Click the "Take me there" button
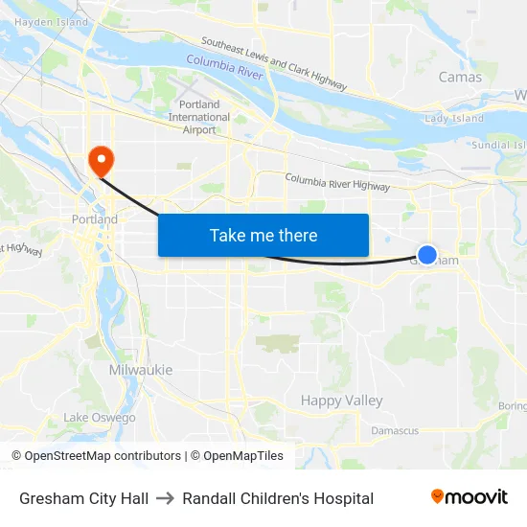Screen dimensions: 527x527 pyautogui.click(x=263, y=236)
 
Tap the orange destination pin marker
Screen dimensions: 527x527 pyautogui.click(x=100, y=159)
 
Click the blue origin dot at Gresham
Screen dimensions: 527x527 pyautogui.click(x=427, y=255)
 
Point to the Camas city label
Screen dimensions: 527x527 pyautogui.click(x=460, y=77)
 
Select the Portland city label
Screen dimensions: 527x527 pyautogui.click(x=95, y=219)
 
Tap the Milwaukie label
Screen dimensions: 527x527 pyautogui.click(x=141, y=370)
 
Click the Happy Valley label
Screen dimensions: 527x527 pyautogui.click(x=341, y=401)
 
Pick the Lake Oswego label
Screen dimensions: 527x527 pyautogui.click(x=100, y=418)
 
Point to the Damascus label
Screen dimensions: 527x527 pyautogui.click(x=395, y=431)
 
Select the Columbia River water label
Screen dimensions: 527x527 pyautogui.click(x=224, y=64)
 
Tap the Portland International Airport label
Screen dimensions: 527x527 pyautogui.click(x=199, y=117)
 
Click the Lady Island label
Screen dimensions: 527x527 pyautogui.click(x=454, y=119)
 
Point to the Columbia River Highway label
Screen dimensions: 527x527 pyautogui.click(x=337, y=182)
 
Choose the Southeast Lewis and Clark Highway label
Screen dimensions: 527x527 pyautogui.click(x=273, y=65)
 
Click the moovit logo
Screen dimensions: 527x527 pyautogui.click(x=470, y=497)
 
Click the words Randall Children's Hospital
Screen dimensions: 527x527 pyautogui.click(x=278, y=498)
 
